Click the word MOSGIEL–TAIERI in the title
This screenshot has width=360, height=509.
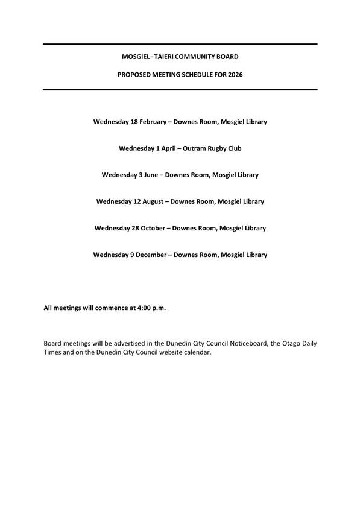tap(148, 57)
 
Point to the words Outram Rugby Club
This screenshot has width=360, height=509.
tap(212, 148)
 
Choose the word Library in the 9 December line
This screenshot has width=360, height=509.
tap(253, 255)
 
